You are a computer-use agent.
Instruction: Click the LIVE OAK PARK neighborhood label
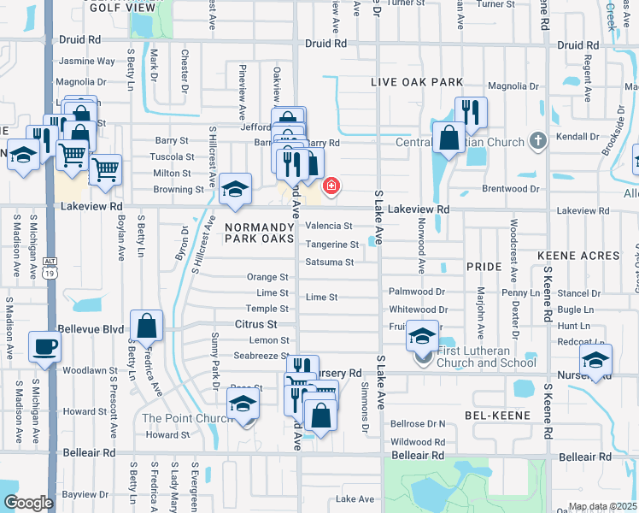click(417, 82)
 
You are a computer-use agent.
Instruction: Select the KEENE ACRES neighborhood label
click(578, 256)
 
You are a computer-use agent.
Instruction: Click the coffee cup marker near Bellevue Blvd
click(44, 347)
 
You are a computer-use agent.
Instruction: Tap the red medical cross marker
click(331, 186)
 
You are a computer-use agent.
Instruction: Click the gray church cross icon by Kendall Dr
click(537, 139)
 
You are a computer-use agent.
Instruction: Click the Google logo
click(28, 503)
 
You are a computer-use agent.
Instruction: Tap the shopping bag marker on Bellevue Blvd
click(147, 326)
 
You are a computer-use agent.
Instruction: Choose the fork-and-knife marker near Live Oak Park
click(470, 111)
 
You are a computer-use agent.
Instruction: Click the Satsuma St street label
click(330, 262)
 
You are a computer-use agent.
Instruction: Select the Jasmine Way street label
click(86, 62)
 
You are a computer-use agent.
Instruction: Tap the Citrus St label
click(256, 325)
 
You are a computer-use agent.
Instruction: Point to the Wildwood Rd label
click(418, 442)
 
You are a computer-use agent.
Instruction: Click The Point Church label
click(186, 418)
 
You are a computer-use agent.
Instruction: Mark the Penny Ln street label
click(520, 293)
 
